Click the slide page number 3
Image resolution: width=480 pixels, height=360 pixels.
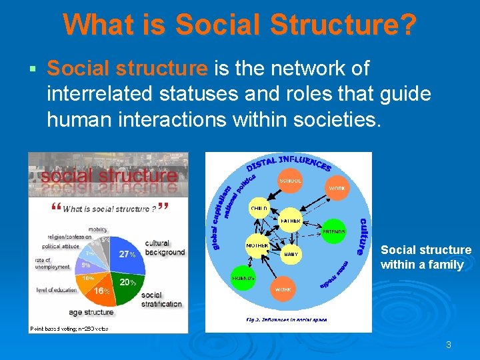[449, 345]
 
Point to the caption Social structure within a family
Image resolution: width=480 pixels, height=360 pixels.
[425, 257]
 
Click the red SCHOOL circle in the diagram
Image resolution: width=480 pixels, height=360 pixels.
[290, 181]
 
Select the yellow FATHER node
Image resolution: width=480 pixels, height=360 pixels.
[290, 221]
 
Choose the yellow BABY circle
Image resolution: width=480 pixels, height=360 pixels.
[291, 254]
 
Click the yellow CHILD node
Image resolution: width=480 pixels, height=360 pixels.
[259, 209]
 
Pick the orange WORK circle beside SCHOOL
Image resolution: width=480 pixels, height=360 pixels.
[337, 189]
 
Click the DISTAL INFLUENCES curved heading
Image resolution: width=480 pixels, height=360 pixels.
[289, 162]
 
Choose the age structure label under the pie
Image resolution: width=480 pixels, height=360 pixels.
[91, 312]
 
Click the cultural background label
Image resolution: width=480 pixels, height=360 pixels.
[164, 248]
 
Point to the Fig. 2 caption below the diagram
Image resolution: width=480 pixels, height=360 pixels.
[287, 319]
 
